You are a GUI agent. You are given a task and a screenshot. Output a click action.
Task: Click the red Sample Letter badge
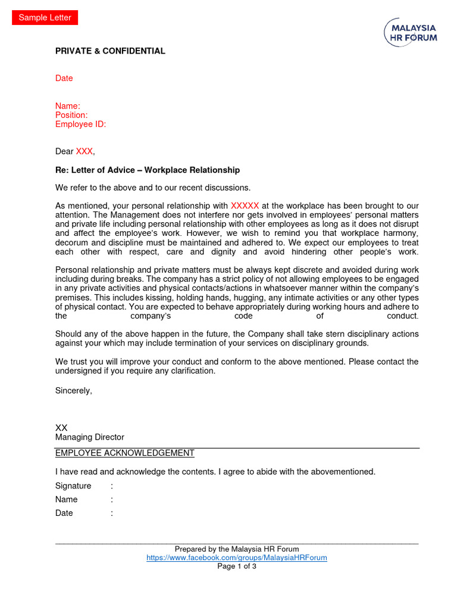(x=45, y=18)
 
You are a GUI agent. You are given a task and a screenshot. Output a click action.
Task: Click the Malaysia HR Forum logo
(x=411, y=32)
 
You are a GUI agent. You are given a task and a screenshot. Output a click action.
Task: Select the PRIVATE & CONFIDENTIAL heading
(x=110, y=51)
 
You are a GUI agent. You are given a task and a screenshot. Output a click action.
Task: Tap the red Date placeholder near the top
(x=64, y=78)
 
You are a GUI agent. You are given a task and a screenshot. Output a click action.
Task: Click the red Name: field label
(x=68, y=106)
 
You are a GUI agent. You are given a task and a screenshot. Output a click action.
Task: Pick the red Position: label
(x=71, y=115)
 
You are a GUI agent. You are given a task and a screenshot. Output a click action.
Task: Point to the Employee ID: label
(x=80, y=124)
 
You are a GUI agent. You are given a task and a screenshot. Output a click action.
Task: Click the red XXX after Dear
(x=84, y=152)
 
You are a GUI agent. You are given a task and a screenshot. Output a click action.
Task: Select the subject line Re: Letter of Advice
(x=148, y=170)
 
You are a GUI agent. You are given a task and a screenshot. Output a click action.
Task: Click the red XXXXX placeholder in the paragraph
(x=245, y=206)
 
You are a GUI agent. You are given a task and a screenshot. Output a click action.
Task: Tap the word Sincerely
(x=74, y=391)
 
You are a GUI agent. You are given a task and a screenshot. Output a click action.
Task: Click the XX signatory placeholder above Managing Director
(x=61, y=428)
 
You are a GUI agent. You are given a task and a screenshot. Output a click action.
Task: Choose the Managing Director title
(x=90, y=437)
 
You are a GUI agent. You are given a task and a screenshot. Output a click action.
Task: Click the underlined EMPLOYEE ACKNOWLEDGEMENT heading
(x=125, y=453)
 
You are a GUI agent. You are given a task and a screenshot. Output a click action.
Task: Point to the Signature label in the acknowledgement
(x=73, y=486)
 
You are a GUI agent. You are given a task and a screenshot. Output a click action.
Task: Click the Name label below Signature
(x=67, y=499)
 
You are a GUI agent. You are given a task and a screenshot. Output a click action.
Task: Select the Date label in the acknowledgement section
(x=64, y=513)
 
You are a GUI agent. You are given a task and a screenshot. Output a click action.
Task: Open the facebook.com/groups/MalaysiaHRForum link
(x=237, y=558)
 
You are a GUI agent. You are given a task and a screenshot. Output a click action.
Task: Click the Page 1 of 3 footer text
(x=237, y=567)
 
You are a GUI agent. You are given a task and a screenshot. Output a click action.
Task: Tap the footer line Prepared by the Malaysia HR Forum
(x=237, y=549)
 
